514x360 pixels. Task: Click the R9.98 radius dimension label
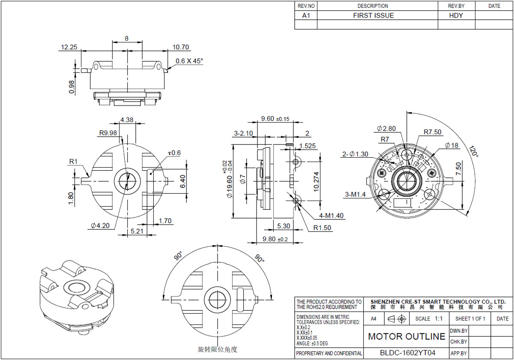(x=108, y=133)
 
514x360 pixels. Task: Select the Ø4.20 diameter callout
(x=100, y=226)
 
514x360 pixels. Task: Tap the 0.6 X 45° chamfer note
(x=189, y=61)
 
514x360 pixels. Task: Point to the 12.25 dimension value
(x=69, y=47)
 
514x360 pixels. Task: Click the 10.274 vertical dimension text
(x=316, y=182)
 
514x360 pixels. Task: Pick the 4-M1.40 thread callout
(x=332, y=216)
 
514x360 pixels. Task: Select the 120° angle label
(x=474, y=151)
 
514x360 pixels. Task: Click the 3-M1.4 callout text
(x=356, y=195)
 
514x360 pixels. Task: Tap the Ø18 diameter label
(x=451, y=145)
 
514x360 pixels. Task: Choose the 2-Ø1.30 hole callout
(x=355, y=154)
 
